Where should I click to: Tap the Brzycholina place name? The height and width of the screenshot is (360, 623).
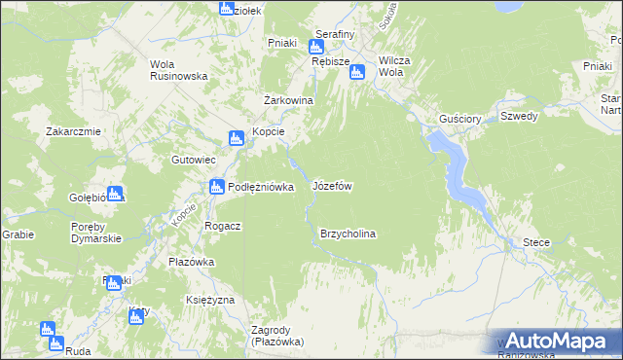point(348,234)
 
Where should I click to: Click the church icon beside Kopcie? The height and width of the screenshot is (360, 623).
point(236,139)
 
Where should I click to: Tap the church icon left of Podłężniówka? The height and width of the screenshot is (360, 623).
point(216,187)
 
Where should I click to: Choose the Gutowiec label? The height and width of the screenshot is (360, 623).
point(192,159)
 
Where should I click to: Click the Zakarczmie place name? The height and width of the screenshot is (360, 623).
point(72,131)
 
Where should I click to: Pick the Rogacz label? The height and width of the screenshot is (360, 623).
point(223,225)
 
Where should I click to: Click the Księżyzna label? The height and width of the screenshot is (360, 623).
point(210,300)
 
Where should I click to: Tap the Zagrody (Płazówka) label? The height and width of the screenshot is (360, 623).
point(277,336)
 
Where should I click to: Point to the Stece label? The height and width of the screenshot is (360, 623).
point(536,241)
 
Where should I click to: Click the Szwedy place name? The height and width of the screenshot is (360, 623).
point(519,115)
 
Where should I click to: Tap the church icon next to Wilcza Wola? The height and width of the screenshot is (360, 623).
point(357,71)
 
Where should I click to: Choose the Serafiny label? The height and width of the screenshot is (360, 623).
point(334,34)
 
